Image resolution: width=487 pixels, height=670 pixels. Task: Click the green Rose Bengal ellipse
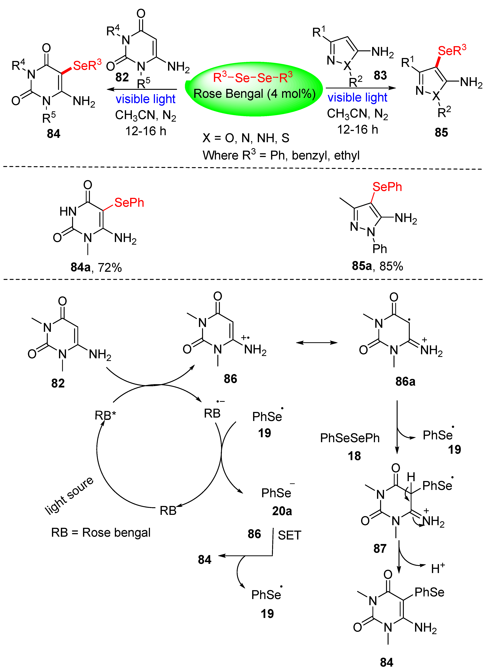254,89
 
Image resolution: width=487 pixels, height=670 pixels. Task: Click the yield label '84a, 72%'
96,267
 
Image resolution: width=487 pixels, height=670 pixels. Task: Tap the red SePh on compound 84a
129,203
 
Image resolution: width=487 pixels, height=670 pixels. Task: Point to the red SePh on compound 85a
387,187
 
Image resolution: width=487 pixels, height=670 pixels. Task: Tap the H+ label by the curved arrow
438,568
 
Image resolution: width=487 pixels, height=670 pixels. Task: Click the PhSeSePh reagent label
350,438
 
